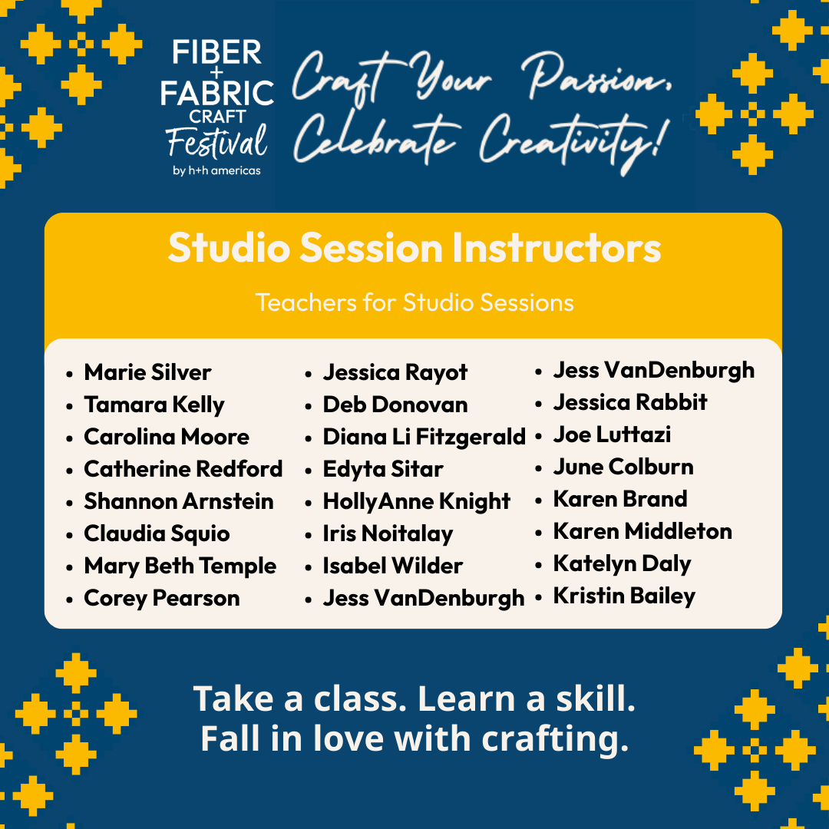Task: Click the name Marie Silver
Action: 147,372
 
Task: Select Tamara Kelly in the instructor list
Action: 154,405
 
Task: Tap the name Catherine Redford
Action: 183,469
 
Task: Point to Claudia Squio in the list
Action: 157,534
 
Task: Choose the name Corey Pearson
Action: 162,599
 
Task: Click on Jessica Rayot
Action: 395,373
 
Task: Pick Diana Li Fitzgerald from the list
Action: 424,438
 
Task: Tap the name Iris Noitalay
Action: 388,534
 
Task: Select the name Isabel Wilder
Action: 393,566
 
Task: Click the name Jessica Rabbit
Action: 629,402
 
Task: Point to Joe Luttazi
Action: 612,434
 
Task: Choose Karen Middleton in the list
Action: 642,531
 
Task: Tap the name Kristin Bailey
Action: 624,596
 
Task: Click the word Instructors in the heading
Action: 557,247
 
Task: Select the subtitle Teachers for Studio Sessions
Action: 414,303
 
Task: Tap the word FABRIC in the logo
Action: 216,93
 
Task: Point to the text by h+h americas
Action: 216,170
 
